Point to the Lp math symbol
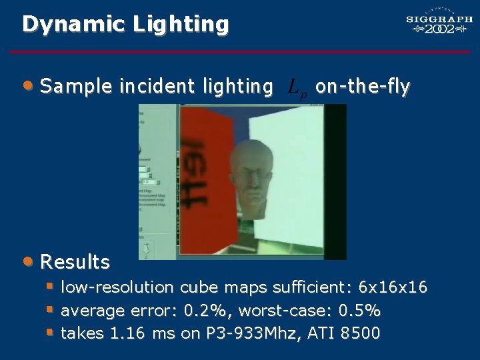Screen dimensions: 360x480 [x=297, y=87]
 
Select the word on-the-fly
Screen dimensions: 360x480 [x=363, y=86]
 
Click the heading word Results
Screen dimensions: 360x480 [x=75, y=262]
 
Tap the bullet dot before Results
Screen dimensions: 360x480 [x=27, y=261]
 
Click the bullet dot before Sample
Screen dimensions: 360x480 [x=27, y=85]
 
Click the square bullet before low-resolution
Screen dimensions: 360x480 [x=49, y=287]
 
